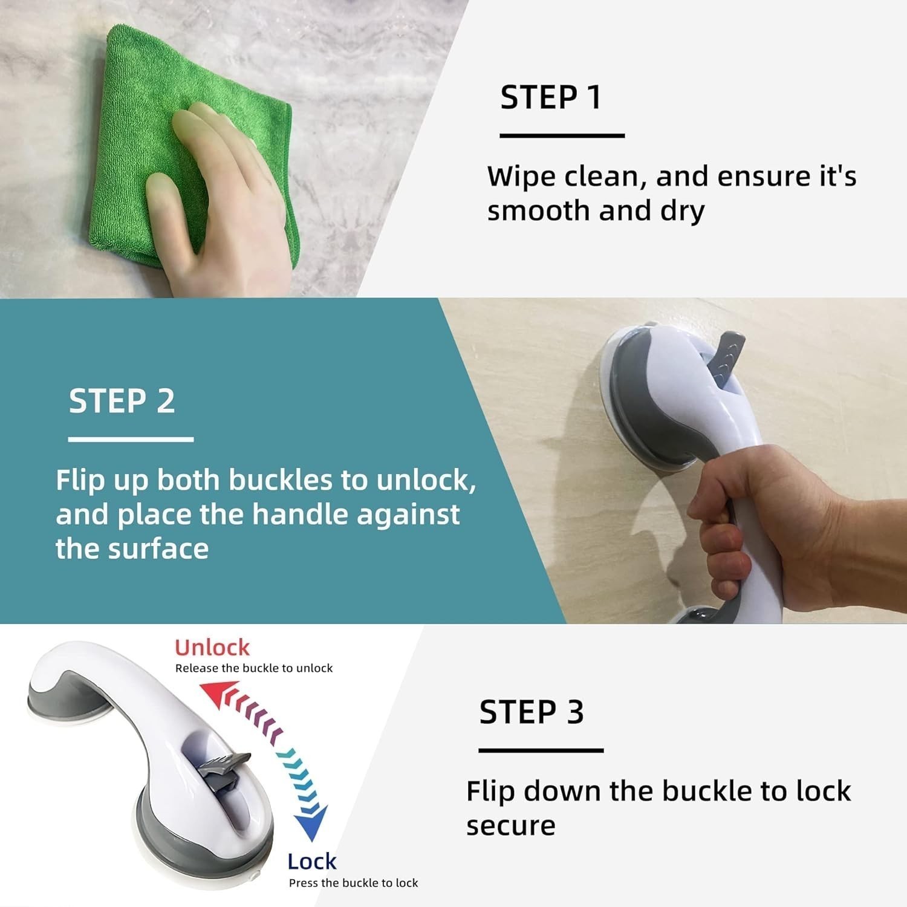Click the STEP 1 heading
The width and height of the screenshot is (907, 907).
[551, 97]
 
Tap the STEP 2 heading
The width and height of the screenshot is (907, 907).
[122, 401]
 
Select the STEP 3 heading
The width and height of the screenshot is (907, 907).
[532, 712]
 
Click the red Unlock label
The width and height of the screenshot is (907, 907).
[212, 648]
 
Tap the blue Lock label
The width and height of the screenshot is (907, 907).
[311, 861]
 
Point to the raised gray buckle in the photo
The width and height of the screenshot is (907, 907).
[726, 357]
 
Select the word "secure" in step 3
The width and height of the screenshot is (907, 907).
[510, 825]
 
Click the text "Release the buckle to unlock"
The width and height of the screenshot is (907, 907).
[254, 668]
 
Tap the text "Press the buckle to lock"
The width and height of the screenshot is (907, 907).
[353, 883]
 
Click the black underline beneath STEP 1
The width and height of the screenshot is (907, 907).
[562, 135]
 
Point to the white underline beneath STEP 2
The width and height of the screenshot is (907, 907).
[131, 439]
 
